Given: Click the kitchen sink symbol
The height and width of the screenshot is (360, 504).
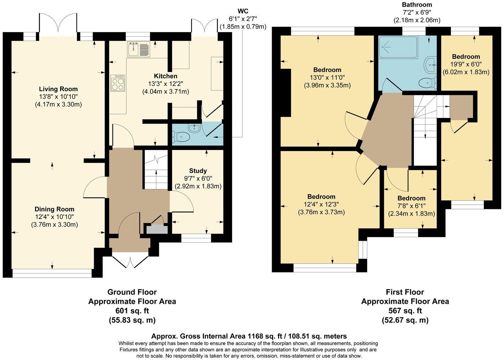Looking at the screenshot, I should tap(139, 49).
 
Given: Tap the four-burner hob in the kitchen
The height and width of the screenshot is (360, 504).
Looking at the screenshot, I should tap(118, 83).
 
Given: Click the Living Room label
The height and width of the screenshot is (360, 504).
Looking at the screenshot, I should tap(58, 89).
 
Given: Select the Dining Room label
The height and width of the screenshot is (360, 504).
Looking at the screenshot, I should tap(55, 209).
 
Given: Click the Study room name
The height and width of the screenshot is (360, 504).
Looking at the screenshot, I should tap(198, 171).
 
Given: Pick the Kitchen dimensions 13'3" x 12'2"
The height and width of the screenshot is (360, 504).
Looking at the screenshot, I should tap(165, 84).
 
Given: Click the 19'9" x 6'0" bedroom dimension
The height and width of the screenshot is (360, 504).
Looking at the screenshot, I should tap(466, 64).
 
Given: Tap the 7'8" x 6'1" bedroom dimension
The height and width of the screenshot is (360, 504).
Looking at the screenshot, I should tap(411, 206).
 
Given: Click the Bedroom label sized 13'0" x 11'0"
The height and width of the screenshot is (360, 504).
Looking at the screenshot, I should tap(327, 70).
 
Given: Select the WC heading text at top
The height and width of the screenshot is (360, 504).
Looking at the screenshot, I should tap(243, 11).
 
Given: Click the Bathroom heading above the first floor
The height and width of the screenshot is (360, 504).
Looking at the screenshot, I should tap(417, 5).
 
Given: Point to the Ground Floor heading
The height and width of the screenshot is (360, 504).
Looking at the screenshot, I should tap(132, 292).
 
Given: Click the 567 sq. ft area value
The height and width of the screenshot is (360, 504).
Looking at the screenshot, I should tap(405, 311).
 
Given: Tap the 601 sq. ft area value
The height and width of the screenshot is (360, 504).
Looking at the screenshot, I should tap(132, 311).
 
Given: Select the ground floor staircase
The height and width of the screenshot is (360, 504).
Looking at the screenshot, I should tap(156, 171).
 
